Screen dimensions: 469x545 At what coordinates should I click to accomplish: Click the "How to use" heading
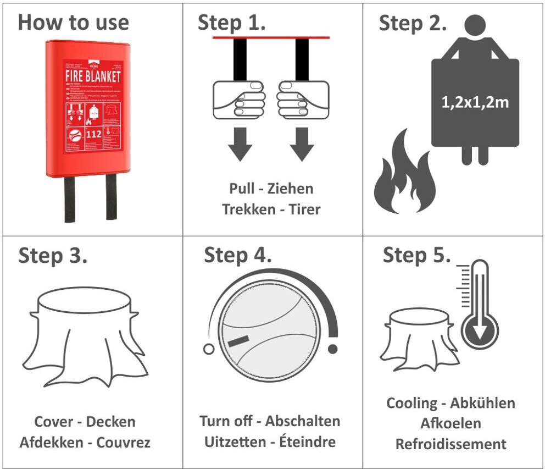click(x=73, y=23)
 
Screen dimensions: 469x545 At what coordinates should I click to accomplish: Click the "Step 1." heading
click(x=231, y=23)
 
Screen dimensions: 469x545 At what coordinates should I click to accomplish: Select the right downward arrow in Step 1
click(x=302, y=144)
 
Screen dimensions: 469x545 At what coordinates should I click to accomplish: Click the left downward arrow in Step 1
click(x=240, y=144)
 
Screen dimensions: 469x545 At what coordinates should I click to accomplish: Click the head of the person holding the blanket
click(x=475, y=25)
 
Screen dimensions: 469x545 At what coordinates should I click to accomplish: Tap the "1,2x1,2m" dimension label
click(x=475, y=102)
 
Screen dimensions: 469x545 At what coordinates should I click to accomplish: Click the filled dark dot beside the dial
click(x=332, y=349)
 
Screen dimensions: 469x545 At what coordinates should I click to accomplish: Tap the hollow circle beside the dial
click(x=208, y=349)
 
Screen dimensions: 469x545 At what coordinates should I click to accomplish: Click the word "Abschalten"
click(x=303, y=421)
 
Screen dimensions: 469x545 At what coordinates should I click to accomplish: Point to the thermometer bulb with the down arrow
click(x=481, y=332)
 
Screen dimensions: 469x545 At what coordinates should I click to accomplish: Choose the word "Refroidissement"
click(x=451, y=444)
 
